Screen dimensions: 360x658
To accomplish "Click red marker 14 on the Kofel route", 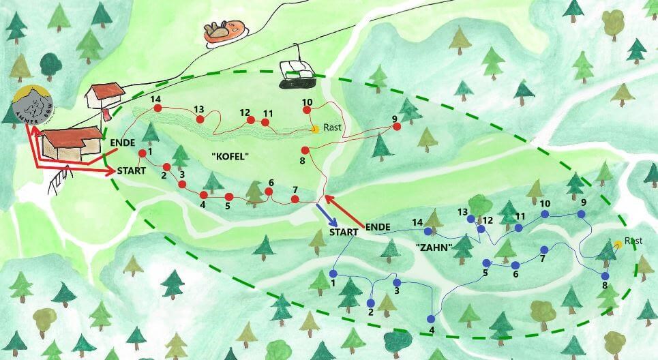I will tap(158, 108).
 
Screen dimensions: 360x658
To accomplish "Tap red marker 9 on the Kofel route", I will tap(396, 126).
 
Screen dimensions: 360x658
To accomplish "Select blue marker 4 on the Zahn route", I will tap(430, 319).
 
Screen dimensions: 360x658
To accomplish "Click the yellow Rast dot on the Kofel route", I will tap(314, 128).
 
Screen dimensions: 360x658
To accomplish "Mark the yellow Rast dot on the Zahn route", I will tap(617, 243).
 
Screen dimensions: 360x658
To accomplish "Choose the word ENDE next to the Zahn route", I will tap(378, 226).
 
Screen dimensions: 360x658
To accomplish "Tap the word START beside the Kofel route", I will tap(132, 170).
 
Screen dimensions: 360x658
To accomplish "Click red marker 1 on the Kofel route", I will tap(143, 153).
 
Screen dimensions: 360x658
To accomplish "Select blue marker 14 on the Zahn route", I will tap(428, 232).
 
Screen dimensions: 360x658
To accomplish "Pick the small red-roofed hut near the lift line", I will tap(105, 96).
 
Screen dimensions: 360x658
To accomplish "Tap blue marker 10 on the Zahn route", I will tap(545, 214).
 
